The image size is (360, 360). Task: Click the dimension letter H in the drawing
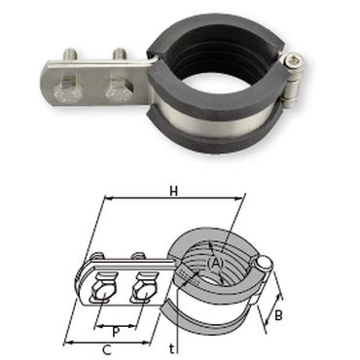point(174,192)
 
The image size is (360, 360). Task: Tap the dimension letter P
point(116,332)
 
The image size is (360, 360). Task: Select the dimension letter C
point(107,350)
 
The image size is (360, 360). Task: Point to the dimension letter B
point(278,315)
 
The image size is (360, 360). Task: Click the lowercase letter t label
point(172,349)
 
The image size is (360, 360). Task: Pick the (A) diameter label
point(215,264)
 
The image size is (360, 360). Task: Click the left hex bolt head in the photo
point(66,91)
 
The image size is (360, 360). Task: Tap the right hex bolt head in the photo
point(119,90)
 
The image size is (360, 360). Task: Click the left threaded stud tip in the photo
point(69,54)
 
